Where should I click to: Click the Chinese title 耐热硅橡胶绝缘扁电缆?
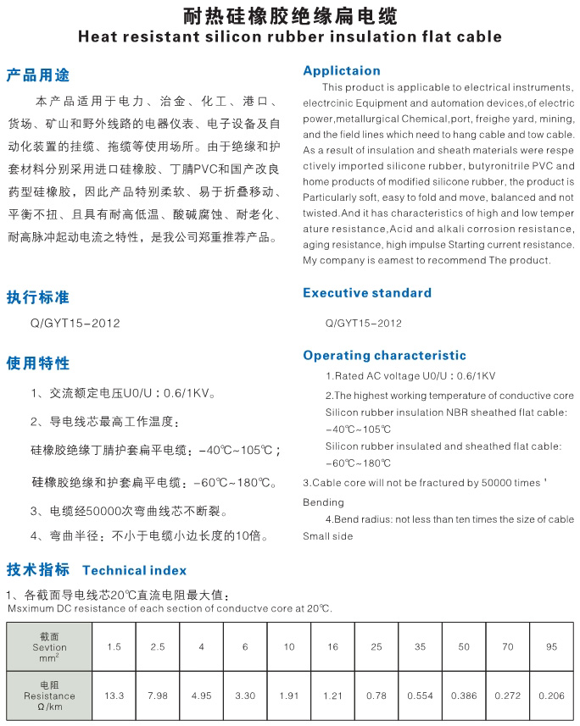click(x=289, y=16)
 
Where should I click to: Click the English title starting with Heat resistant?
click(x=289, y=36)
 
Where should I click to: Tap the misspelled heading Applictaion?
click(x=342, y=70)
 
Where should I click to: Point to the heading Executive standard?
click(x=367, y=293)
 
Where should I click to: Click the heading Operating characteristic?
click(x=385, y=356)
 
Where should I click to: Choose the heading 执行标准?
click(x=38, y=297)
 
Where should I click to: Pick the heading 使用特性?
click(x=38, y=363)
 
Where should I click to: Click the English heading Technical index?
click(x=135, y=570)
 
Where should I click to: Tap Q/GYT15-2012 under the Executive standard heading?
click(x=363, y=323)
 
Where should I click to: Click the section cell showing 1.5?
click(x=114, y=647)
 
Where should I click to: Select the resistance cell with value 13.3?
click(x=114, y=696)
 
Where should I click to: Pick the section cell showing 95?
click(x=552, y=647)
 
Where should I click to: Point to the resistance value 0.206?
click(x=552, y=696)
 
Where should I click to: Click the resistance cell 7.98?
click(x=158, y=696)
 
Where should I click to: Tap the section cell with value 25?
click(x=376, y=647)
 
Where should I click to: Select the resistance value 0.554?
click(x=420, y=696)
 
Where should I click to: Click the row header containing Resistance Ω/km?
click(x=49, y=696)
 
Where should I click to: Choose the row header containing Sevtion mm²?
click(x=49, y=647)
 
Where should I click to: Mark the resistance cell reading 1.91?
click(x=289, y=696)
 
